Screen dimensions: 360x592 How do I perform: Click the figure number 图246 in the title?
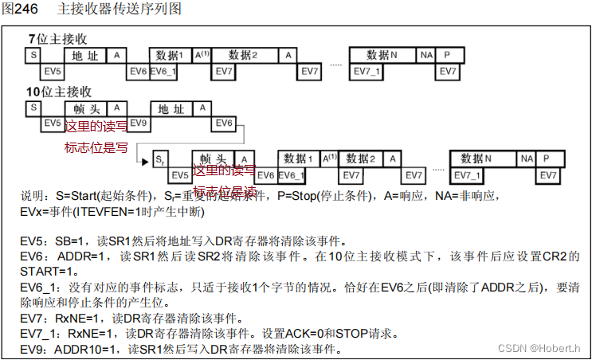[22, 9]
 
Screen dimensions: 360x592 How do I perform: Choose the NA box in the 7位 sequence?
[426, 55]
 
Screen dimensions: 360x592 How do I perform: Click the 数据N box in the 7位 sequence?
[383, 55]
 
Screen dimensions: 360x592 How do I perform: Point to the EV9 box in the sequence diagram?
[139, 123]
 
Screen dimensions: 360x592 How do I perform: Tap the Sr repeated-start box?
[159, 158]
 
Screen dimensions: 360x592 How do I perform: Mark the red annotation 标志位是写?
[96, 147]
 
